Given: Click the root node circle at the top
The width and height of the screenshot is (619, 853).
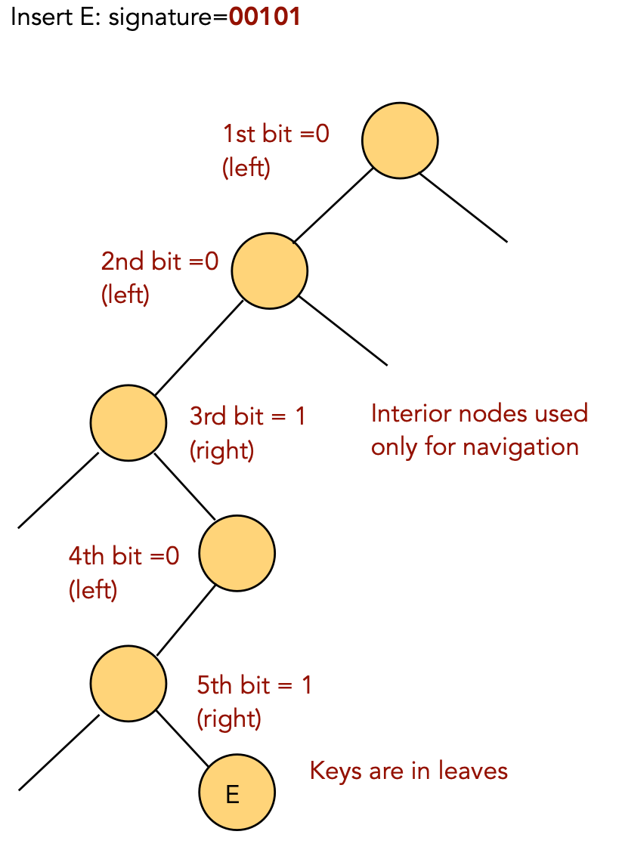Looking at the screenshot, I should tap(400, 141).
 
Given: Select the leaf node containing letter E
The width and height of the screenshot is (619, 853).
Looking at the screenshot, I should tap(237, 793).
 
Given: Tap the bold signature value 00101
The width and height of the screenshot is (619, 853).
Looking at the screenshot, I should tap(265, 17).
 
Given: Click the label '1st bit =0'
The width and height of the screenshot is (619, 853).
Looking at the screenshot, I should tap(276, 134).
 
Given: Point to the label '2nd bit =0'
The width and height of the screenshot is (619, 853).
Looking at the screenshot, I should tap(159, 261).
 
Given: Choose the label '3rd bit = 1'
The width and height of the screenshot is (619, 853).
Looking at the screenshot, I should tap(247, 416).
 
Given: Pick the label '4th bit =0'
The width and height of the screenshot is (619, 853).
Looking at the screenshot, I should tap(124, 557).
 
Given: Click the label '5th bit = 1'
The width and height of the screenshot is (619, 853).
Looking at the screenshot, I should tap(254, 685).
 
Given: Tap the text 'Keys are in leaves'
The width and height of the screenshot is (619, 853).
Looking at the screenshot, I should tap(409, 771).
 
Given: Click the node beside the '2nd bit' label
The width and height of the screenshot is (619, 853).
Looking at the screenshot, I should tap(269, 270).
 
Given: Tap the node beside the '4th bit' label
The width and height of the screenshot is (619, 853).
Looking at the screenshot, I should tap(237, 552).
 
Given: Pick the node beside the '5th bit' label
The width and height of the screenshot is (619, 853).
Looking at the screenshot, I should tap(128, 683).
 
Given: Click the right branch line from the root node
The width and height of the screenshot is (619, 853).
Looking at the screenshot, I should tap(463, 209).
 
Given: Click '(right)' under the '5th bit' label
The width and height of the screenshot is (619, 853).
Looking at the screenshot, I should tap(229, 718).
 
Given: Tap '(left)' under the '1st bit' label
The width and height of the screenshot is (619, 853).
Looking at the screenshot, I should tap(246, 167).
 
